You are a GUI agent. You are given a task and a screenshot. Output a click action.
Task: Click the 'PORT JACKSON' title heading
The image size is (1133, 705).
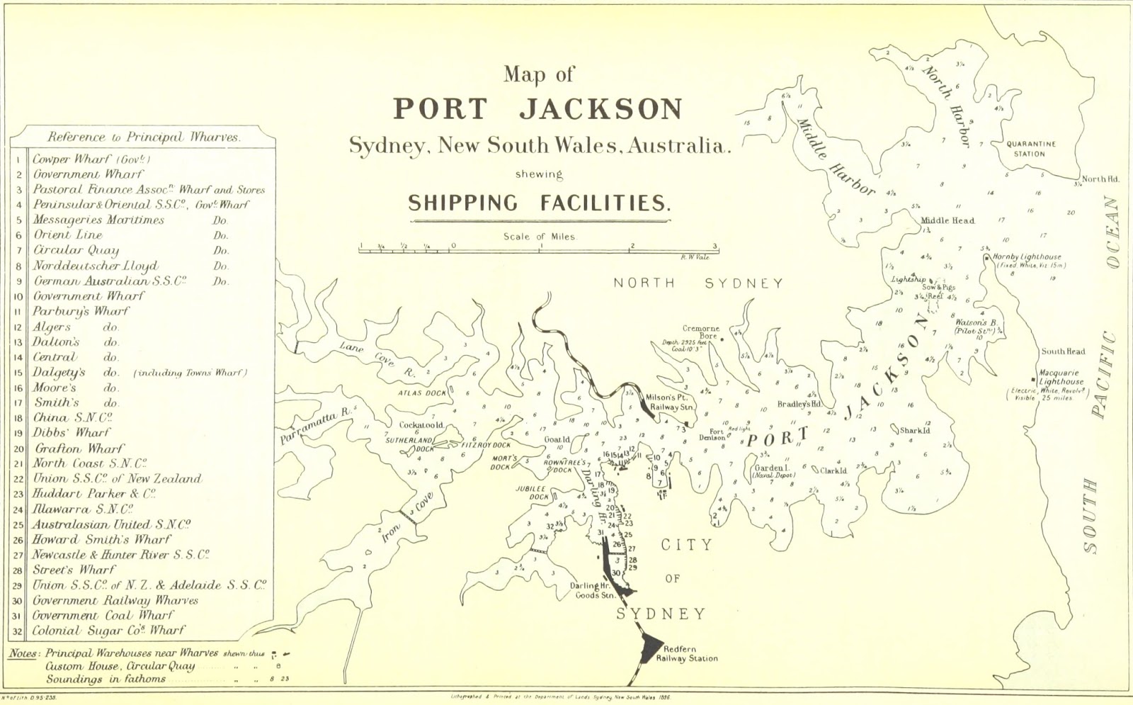coord(537,108)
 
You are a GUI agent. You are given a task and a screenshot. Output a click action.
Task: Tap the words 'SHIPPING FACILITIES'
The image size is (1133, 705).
coord(539,203)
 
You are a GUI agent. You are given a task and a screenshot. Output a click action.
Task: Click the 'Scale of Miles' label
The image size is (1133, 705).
coord(540,237)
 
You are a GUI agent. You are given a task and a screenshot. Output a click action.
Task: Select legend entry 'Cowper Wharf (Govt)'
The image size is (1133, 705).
coord(91,159)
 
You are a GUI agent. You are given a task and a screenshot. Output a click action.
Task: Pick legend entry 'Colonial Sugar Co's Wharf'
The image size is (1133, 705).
coord(108,630)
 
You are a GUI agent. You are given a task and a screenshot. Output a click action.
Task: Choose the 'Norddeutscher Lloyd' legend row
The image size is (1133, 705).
coord(96,266)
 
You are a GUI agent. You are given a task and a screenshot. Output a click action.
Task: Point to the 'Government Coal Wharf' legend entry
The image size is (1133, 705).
coord(103,615)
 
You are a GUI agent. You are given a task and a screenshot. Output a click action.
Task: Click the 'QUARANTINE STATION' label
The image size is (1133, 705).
coord(1031,149)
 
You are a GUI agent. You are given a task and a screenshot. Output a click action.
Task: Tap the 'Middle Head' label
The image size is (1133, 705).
coord(947,220)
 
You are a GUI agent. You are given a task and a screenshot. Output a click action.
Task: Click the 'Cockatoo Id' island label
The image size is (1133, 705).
coord(421,425)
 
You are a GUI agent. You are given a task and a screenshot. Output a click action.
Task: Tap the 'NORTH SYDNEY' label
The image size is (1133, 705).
coord(698,283)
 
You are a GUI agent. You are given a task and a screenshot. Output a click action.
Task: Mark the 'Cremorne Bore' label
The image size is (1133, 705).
coord(700,332)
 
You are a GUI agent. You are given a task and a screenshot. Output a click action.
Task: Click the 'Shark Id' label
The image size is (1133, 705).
coord(915,430)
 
